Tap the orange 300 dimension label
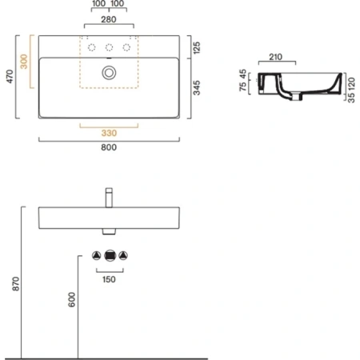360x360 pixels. click(25, 63)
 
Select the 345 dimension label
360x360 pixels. click(197, 87)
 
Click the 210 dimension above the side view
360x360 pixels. click(276, 57)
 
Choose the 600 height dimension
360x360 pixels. click(70, 300)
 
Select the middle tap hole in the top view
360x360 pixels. click(108, 47)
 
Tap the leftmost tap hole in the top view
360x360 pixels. click(90, 47)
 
